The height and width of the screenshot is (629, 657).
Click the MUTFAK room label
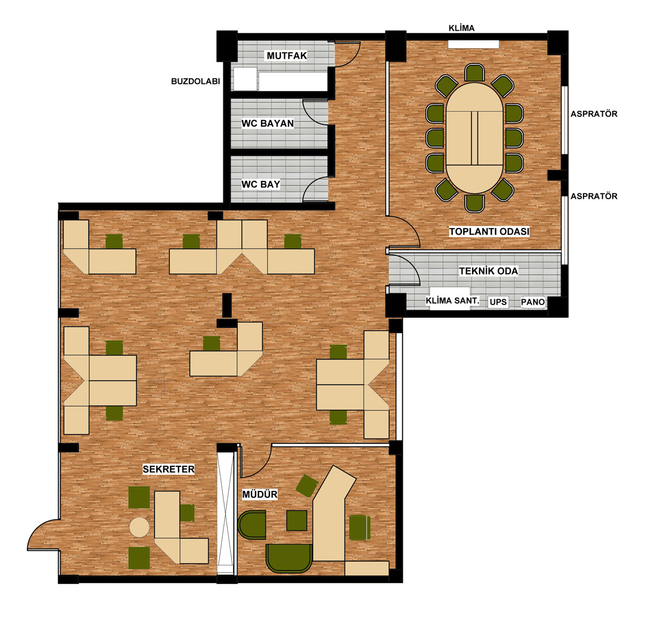pyautogui.click(x=286, y=55)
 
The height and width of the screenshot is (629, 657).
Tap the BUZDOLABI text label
pyautogui.click(x=195, y=82)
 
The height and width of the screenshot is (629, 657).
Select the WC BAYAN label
pyautogui.click(x=267, y=123)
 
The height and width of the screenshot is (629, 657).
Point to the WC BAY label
pyautogui.click(x=261, y=184)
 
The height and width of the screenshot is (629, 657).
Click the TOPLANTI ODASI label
pyautogui.click(x=489, y=231)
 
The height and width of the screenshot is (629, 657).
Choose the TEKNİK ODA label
pyautogui.click(x=488, y=271)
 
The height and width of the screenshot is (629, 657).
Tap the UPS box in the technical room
pyautogui.click(x=498, y=302)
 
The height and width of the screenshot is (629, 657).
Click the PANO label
pyautogui.click(x=532, y=302)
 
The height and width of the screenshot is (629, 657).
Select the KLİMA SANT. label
pyautogui.click(x=452, y=300)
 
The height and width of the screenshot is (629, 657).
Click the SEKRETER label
pyautogui.click(x=169, y=469)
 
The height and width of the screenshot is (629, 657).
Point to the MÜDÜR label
pyautogui.click(x=260, y=494)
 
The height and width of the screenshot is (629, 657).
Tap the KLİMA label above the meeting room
pyautogui.click(x=461, y=28)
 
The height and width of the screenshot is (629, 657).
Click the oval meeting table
pyautogui.click(x=474, y=138)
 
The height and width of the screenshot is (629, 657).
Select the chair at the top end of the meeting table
pyautogui.click(x=474, y=73)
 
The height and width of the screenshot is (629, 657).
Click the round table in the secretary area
pyautogui.click(x=139, y=527)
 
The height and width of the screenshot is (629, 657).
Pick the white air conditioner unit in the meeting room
pyautogui.click(x=474, y=44)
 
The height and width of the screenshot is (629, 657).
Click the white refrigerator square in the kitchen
pyautogui.click(x=245, y=79)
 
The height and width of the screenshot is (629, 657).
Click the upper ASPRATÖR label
pyautogui.click(x=593, y=114)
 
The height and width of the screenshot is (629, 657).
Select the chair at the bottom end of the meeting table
pyautogui.click(x=474, y=203)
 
